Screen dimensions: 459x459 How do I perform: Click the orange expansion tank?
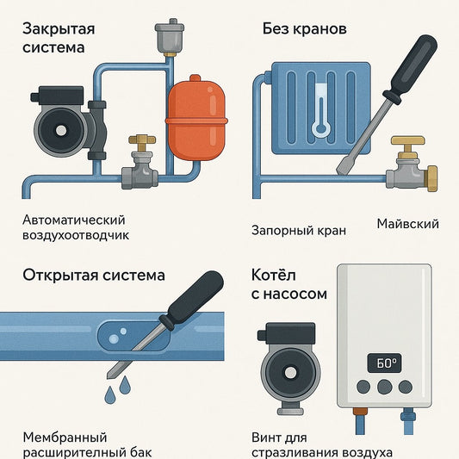pyautogui.click(x=196, y=119)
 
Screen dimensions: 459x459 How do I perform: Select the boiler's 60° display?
pyautogui.click(x=384, y=363)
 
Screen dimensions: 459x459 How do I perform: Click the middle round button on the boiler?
pyautogui.click(x=384, y=387)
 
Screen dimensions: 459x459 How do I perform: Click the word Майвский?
pyautogui.click(x=408, y=224)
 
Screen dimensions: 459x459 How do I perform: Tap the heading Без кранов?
pyautogui.click(x=305, y=28)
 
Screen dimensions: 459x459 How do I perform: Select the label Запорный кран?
pyautogui.click(x=299, y=231)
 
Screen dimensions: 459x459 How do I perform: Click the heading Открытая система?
pyautogui.click(x=94, y=276)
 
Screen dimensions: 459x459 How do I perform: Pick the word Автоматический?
pyautogui.click(x=74, y=220)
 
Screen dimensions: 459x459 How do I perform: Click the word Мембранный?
pyautogui.click(x=65, y=437)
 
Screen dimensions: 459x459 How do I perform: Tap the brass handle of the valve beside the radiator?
pyautogui.click(x=408, y=140)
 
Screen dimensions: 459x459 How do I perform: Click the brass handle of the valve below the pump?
pyautogui.click(x=142, y=139)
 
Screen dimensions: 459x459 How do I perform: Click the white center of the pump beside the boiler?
pyautogui.click(x=290, y=372)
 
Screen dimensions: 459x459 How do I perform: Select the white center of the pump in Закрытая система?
pyautogui.click(x=61, y=130)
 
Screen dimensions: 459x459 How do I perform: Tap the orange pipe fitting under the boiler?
pyautogui.click(x=360, y=412)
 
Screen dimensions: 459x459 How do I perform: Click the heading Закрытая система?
pyautogui.click(x=59, y=39)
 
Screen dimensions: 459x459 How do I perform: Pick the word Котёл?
pyautogui.click(x=273, y=276)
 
